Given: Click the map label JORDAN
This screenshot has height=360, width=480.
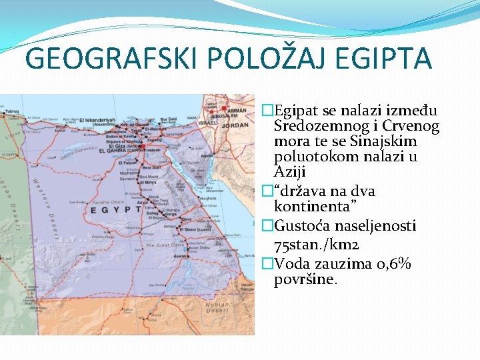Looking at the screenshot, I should pyautogui.click(x=235, y=125).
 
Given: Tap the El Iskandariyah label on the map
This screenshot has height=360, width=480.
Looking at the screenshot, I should pyautogui.click(x=97, y=121).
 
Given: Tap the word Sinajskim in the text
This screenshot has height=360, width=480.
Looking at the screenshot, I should pyautogui.click(x=389, y=141).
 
